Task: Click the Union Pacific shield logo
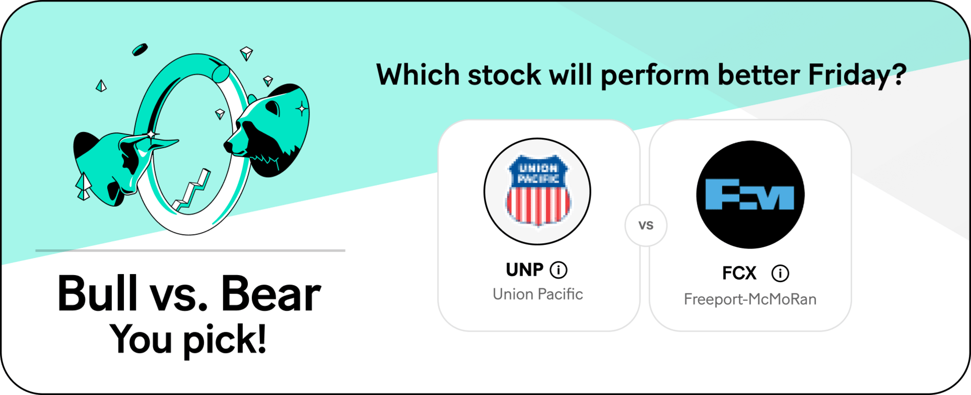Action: click(x=538, y=191)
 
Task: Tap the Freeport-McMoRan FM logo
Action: click(x=751, y=195)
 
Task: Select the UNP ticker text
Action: click(x=524, y=270)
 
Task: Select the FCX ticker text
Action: click(x=739, y=274)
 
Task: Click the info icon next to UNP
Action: click(x=558, y=270)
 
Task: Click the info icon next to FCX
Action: click(x=780, y=274)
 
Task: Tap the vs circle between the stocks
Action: click(x=646, y=226)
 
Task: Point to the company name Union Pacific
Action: click(x=538, y=294)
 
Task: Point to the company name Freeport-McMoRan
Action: click(x=750, y=299)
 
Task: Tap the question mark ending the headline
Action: click(x=899, y=74)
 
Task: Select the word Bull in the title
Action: click(x=97, y=293)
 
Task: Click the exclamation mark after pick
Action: click(x=261, y=338)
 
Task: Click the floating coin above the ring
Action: click(x=140, y=50)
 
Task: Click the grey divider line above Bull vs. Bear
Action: click(x=190, y=250)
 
